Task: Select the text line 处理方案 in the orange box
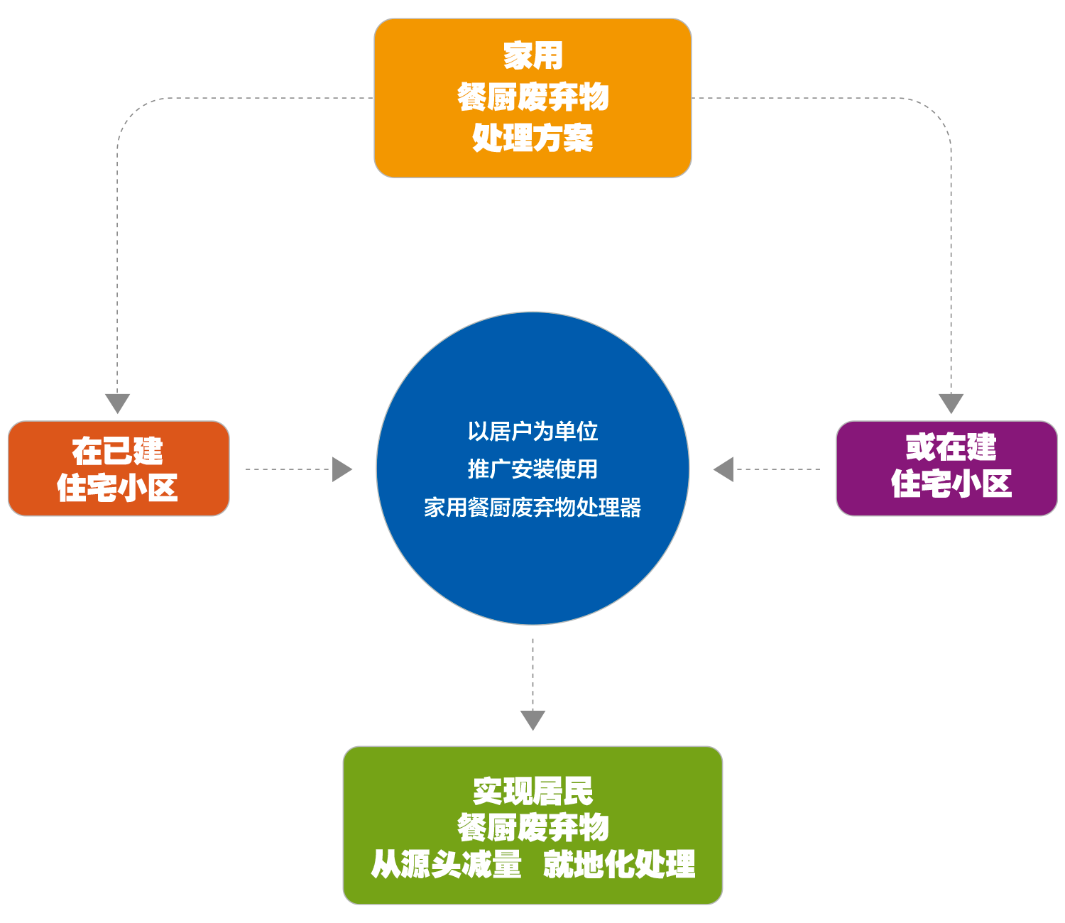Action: tap(532, 138)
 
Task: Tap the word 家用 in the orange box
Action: tap(532, 55)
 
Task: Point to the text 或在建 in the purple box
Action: tap(951, 447)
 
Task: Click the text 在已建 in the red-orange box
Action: tap(118, 451)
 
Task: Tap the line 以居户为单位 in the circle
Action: tap(532, 431)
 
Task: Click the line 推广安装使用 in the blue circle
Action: tap(532, 469)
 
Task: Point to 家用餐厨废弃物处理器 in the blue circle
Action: tap(532, 508)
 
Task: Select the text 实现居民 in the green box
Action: tap(532, 790)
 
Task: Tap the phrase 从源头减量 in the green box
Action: tap(447, 864)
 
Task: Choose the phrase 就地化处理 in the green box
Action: tap(619, 864)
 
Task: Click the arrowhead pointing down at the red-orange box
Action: tap(118, 403)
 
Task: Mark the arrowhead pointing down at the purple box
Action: tap(951, 403)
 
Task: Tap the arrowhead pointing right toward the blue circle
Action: tap(342, 469)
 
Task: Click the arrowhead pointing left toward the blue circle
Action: tap(723, 469)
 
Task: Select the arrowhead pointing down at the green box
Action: tap(532, 719)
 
